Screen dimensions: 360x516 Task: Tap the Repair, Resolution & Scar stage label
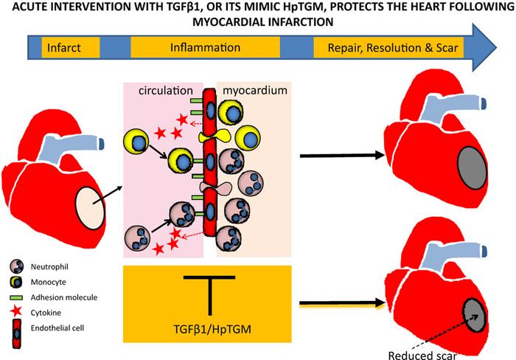coord(385,48)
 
